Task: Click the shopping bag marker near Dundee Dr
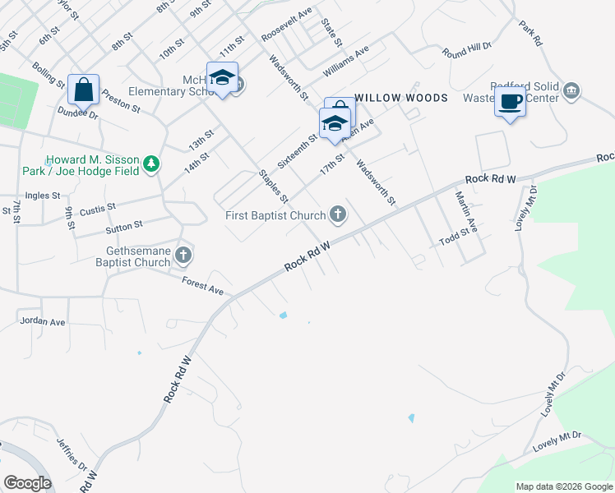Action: click(x=84, y=89)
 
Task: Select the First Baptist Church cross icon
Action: click(x=337, y=215)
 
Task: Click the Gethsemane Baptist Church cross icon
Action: click(x=183, y=256)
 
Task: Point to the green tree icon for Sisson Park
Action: click(x=150, y=164)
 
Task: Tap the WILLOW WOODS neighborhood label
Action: click(x=401, y=98)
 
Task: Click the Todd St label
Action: click(x=458, y=233)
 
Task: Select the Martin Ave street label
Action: click(x=467, y=210)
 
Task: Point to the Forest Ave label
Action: click(x=203, y=285)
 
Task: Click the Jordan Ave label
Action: click(x=42, y=321)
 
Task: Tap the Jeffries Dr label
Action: click(x=72, y=451)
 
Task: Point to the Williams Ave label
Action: click(x=346, y=54)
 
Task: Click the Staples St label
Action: click(x=273, y=187)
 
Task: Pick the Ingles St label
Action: click(x=43, y=196)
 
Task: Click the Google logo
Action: click(x=27, y=483)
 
